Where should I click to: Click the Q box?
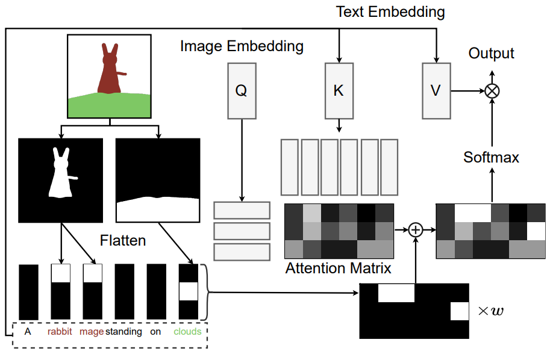click(x=242, y=91)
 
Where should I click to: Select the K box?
click(x=339, y=91)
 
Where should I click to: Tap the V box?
click(x=436, y=91)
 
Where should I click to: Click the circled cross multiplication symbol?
click(x=492, y=91)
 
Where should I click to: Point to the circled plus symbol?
click(x=416, y=230)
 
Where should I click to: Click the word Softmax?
click(x=491, y=157)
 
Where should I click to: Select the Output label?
click(x=491, y=54)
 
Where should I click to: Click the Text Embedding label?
click(x=390, y=12)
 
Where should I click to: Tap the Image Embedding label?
click(x=242, y=46)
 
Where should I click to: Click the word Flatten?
click(x=123, y=240)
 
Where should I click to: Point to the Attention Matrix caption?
click(x=338, y=268)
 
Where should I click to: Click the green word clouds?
click(x=188, y=332)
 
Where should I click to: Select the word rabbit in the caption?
click(x=60, y=332)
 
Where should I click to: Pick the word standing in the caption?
click(x=124, y=332)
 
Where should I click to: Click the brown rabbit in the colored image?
click(x=110, y=70)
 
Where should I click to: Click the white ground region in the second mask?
click(x=158, y=209)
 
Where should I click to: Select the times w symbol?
click(x=491, y=311)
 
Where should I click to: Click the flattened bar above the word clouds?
click(x=189, y=291)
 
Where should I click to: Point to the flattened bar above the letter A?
click(x=28, y=292)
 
